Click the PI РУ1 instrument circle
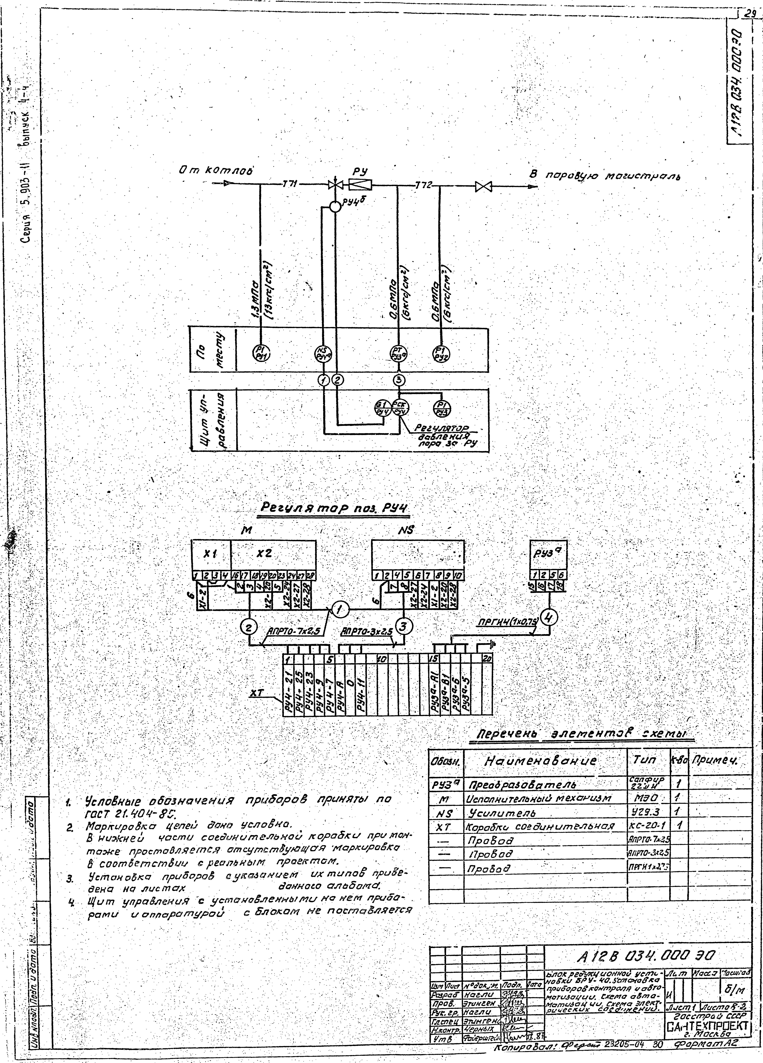pos(262,353)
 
